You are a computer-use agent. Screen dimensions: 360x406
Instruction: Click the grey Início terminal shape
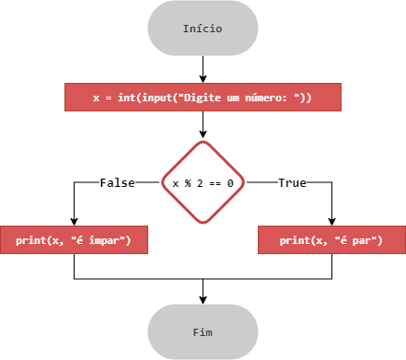click(x=203, y=28)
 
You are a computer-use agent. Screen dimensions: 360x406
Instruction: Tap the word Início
click(x=203, y=29)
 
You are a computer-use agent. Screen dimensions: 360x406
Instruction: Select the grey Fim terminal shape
click(x=203, y=331)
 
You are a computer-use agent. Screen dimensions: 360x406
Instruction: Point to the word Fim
click(x=203, y=332)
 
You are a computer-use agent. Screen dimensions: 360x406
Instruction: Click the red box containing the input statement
click(x=203, y=97)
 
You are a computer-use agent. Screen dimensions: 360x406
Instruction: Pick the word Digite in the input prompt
click(x=203, y=98)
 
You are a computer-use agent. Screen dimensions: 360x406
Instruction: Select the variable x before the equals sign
click(x=97, y=98)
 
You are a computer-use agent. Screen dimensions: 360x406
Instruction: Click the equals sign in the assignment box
click(x=109, y=98)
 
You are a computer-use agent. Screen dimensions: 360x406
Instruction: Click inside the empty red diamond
click(x=203, y=182)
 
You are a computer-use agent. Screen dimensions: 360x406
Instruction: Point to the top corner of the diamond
click(x=203, y=142)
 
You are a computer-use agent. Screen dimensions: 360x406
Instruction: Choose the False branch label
click(x=117, y=183)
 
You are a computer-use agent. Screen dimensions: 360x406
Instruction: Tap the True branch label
click(x=292, y=183)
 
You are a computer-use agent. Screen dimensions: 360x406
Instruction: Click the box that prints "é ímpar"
click(x=74, y=240)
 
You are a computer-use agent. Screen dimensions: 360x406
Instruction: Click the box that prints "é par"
click(x=331, y=240)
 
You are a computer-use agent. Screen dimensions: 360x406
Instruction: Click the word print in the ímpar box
click(x=31, y=241)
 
